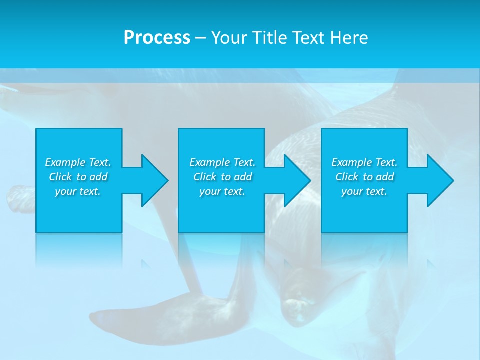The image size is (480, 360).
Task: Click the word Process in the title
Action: tap(157, 38)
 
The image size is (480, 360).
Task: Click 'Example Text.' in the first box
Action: tap(78, 162)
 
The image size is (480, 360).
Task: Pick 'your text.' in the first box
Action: tap(78, 191)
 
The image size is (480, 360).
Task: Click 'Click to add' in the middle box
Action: tap(222, 177)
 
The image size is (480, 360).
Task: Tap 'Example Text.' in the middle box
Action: tap(222, 162)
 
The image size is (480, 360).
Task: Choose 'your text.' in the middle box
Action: tap(222, 191)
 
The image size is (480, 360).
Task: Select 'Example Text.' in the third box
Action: tap(364, 162)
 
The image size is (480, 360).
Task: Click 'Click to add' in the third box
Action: tap(364, 177)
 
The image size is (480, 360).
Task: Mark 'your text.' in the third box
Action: tap(364, 191)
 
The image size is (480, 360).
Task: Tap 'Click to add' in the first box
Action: tap(78, 177)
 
